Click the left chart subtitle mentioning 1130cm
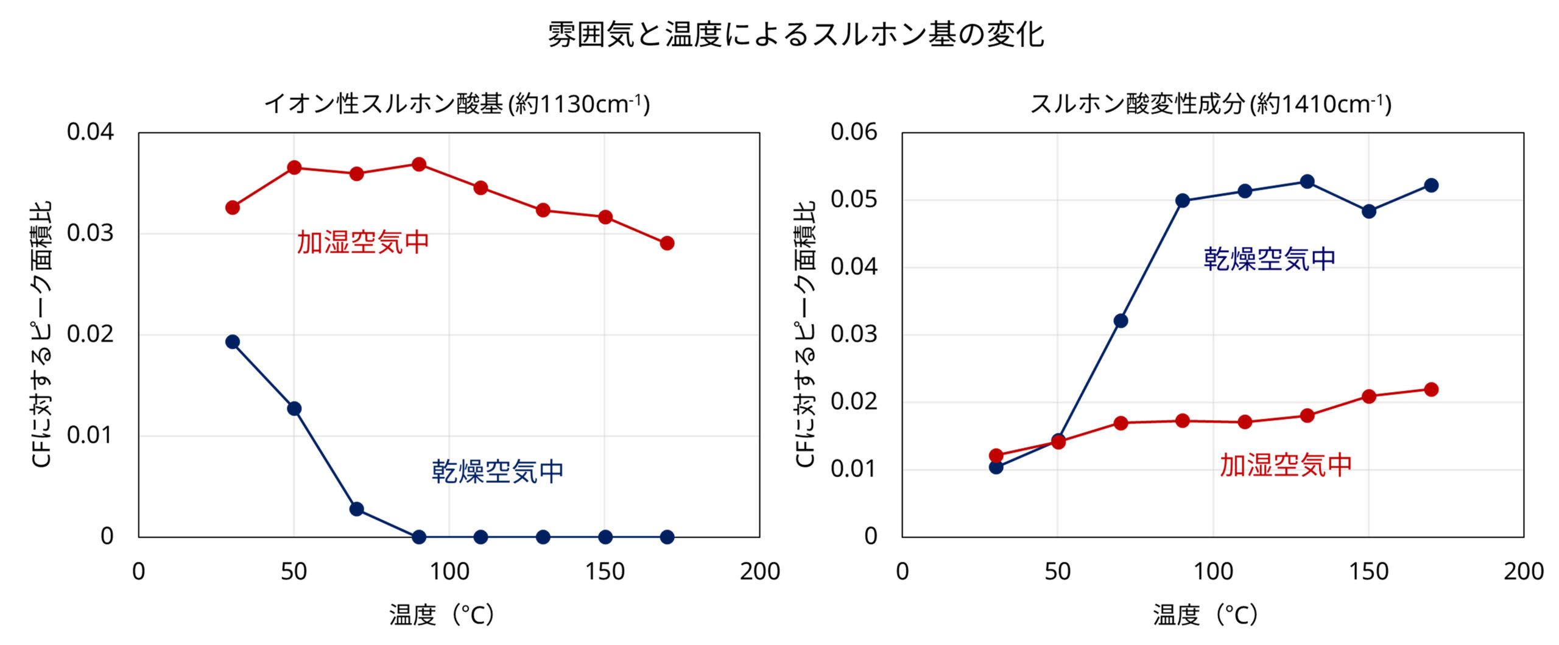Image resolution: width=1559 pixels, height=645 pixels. (457, 104)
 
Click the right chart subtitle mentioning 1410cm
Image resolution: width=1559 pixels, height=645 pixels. (1210, 104)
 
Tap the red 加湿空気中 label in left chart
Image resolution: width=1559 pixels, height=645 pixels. (363, 242)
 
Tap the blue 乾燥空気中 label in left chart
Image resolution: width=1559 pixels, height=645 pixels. (498, 471)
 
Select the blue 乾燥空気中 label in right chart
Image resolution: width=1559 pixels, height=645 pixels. (1269, 259)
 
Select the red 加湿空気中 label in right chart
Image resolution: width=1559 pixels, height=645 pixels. (1286, 465)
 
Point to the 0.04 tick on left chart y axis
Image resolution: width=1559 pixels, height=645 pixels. (90, 132)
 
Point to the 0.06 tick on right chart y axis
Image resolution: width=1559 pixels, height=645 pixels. (854, 132)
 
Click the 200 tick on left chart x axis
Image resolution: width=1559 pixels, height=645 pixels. (759, 571)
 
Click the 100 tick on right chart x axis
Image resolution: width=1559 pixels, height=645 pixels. (1213, 571)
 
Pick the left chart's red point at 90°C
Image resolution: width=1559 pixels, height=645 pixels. (418, 164)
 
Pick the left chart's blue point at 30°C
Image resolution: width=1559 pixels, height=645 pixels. (232, 342)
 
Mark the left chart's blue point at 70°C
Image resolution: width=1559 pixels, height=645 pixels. (356, 509)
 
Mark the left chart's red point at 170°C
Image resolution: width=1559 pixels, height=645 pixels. (667, 243)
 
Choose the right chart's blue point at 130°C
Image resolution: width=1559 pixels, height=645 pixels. (1307, 182)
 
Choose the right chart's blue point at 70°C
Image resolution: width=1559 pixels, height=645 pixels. (1121, 320)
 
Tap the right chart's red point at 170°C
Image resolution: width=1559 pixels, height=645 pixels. (1431, 389)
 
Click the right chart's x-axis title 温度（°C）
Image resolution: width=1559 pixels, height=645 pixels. (1205, 615)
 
